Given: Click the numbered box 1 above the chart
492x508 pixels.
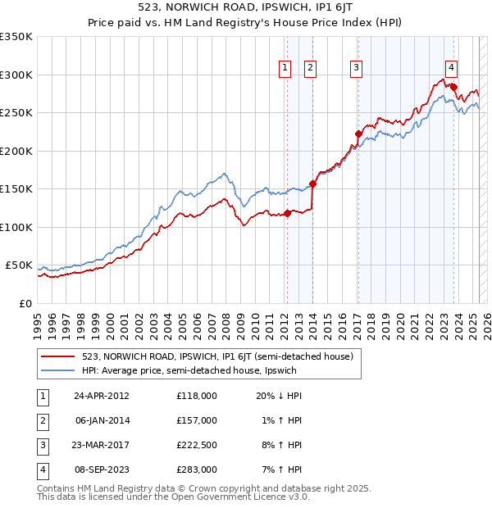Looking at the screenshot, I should tap(285, 69).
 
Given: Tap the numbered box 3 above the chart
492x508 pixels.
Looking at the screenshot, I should tap(357, 69).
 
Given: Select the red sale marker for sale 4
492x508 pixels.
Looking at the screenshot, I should tap(453, 86).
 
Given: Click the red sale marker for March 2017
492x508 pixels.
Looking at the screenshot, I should tap(358, 134).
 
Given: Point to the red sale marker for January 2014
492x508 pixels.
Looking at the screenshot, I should tap(312, 184).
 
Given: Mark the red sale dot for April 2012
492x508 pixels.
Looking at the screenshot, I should tap(287, 214).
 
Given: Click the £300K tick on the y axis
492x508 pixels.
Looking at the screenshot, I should tap(16, 75).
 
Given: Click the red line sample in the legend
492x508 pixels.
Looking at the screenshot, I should tap(59, 357).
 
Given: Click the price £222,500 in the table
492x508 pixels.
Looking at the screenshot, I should tap(196, 447).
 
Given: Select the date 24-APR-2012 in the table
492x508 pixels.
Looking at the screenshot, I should tap(102, 396).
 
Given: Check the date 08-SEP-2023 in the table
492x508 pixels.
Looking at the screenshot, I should tap(102, 472).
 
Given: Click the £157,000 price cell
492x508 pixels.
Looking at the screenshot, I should tap(196, 421).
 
